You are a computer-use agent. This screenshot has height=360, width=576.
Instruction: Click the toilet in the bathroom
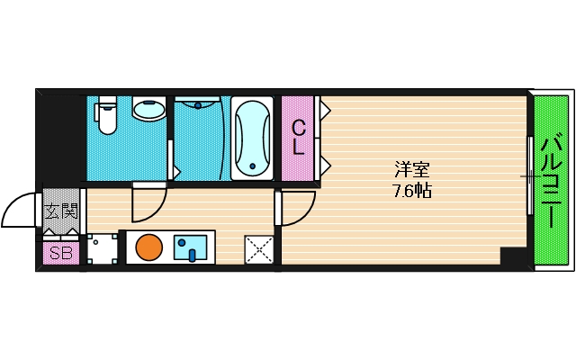108,118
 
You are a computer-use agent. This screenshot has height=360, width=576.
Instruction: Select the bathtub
253,139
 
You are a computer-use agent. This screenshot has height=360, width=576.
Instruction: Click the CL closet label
297,138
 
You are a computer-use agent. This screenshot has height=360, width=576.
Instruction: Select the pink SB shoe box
61,253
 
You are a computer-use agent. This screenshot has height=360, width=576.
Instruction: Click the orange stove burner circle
148,247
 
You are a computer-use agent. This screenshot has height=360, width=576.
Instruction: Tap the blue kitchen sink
190,247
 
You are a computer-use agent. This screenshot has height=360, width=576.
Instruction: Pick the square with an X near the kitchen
259,249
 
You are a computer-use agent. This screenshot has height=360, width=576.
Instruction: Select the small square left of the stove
102,247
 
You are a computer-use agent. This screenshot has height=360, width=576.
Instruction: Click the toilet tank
107,101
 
